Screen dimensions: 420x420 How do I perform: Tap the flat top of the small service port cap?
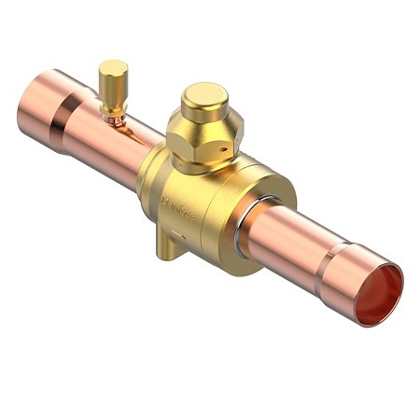[113, 66]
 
